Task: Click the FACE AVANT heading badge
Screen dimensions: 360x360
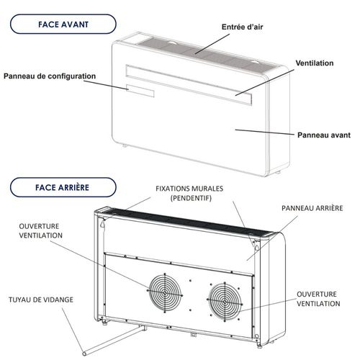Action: coord(63,24)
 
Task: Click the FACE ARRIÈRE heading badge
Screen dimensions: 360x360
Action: coord(63,188)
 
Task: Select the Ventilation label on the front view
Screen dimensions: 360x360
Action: coord(314,63)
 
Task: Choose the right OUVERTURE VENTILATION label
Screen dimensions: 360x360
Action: coord(318,300)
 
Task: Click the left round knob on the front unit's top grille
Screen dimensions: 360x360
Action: coord(173,45)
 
